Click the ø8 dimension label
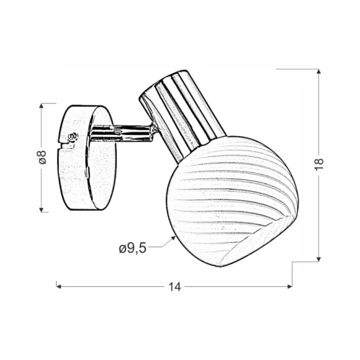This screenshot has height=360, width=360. tap(43, 157)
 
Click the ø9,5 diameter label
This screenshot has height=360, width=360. tap(133, 248)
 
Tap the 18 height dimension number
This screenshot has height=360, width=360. tap(319, 164)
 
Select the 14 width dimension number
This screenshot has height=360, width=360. tap(175, 287)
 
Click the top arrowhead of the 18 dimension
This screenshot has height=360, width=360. tap(319, 71)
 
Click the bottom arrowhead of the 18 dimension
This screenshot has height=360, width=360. tap(319, 259)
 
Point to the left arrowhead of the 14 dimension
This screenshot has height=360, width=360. tap(59, 287)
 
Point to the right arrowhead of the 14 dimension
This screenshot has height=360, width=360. tap(290, 287)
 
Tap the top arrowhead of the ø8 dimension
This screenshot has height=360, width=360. tap(41, 106)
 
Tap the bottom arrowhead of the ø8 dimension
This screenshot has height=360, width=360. tap(41, 210)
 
